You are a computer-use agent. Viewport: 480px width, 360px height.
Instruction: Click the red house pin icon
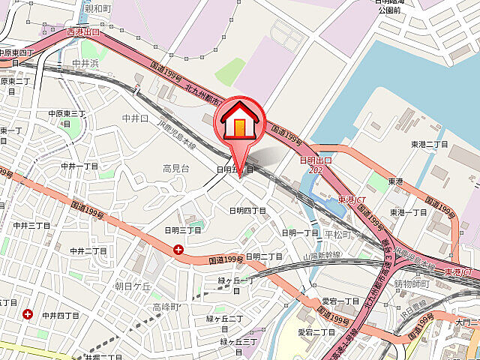pyautogui.click(x=240, y=121)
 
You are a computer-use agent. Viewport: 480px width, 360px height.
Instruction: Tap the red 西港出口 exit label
pyautogui.click(x=82, y=32)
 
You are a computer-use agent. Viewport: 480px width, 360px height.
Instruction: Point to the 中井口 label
pyautogui.click(x=136, y=118)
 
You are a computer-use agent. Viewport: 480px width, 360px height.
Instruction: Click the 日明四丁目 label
pyautogui.click(x=247, y=211)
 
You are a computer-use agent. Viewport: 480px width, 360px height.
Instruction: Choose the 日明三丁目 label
pyautogui.click(x=183, y=229)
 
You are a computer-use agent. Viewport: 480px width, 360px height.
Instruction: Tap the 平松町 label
pyautogui.click(x=337, y=234)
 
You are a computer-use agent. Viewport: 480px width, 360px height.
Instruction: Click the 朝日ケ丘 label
pyautogui.click(x=133, y=286)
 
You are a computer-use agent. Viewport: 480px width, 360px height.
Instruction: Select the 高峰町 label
pyautogui.click(x=166, y=307)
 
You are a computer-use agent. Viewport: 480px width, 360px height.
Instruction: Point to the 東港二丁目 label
pyautogui.click(x=429, y=144)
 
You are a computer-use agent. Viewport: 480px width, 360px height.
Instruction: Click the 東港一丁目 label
pyautogui.click(x=409, y=212)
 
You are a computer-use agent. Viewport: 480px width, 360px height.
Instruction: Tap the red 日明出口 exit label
pyautogui.click(x=315, y=160)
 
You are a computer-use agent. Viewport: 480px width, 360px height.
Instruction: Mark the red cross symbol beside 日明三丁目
pyautogui.click(x=178, y=250)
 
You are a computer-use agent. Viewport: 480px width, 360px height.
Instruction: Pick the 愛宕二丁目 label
pyautogui.click(x=316, y=331)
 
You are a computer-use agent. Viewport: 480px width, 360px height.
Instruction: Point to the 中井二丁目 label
pyautogui.click(x=88, y=250)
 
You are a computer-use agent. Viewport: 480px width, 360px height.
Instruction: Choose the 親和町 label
pyautogui.click(x=97, y=9)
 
